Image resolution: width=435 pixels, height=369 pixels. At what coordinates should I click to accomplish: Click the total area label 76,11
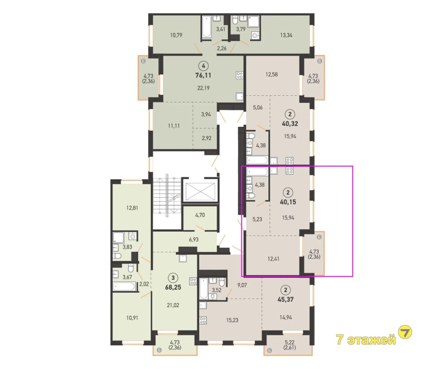click(x=203, y=75)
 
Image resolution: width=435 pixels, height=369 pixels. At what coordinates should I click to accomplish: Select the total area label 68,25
click(x=173, y=287)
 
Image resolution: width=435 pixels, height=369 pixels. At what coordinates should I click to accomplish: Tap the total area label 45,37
click(x=285, y=300)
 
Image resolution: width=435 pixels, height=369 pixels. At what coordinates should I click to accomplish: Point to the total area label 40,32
click(x=290, y=124)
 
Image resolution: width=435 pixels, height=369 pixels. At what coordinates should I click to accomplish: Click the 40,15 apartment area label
click(x=288, y=202)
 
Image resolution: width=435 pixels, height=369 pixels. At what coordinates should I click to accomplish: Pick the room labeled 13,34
click(x=286, y=35)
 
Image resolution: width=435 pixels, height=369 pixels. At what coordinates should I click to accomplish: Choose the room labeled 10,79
click(x=176, y=35)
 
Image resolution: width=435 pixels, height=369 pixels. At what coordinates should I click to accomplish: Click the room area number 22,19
click(x=203, y=88)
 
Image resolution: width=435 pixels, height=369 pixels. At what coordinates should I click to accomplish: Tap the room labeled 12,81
click(x=132, y=208)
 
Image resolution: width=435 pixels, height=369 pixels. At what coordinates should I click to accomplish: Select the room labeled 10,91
click(x=132, y=318)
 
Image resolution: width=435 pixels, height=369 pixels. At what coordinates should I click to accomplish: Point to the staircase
click(x=166, y=196)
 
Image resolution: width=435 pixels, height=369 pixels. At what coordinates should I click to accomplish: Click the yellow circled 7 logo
click(x=405, y=332)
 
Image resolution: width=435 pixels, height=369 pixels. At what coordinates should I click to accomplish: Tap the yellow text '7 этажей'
click(x=366, y=339)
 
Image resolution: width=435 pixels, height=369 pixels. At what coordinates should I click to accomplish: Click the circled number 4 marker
click(x=204, y=66)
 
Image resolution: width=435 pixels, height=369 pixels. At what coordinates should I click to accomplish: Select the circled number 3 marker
click(x=173, y=277)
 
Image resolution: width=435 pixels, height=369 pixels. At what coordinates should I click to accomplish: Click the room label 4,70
click(x=200, y=215)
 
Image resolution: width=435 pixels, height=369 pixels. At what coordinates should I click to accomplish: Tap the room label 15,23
click(x=232, y=320)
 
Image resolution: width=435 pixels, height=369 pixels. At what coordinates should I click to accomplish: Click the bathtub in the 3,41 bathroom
click(x=207, y=27)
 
